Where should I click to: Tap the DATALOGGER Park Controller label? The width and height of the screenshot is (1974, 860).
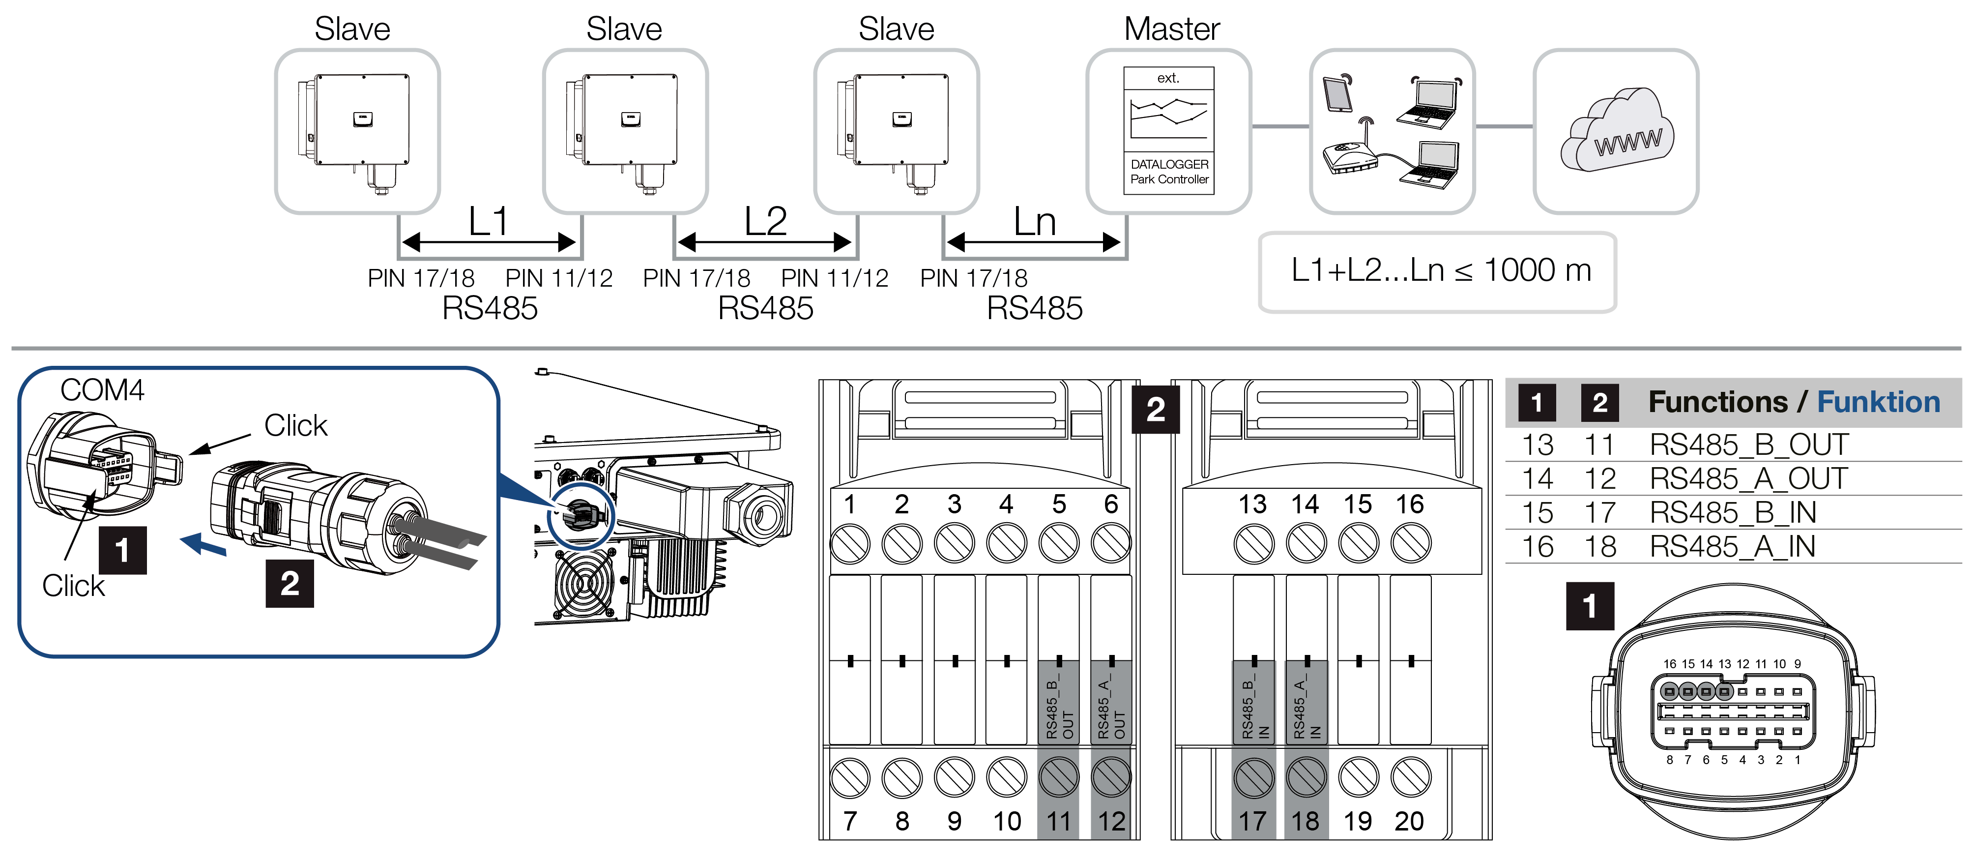pyautogui.click(x=1169, y=172)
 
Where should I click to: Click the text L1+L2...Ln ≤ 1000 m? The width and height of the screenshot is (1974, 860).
pyautogui.click(x=1441, y=270)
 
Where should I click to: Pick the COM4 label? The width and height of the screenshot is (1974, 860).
pyautogui.click(x=102, y=390)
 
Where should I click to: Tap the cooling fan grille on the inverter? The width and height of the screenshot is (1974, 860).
pyautogui.click(x=582, y=583)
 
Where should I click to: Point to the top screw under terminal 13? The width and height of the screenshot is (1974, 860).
pyautogui.click(x=1254, y=543)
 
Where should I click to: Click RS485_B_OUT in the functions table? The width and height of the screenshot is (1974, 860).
pyautogui.click(x=1749, y=445)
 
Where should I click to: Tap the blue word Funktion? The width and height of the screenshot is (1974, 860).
pyautogui.click(x=1878, y=402)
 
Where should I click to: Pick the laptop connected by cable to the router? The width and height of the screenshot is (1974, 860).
pyautogui.click(x=1430, y=165)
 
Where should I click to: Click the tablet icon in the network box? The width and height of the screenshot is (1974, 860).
pyautogui.click(x=1337, y=93)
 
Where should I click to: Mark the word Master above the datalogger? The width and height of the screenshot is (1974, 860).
pyautogui.click(x=1172, y=29)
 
